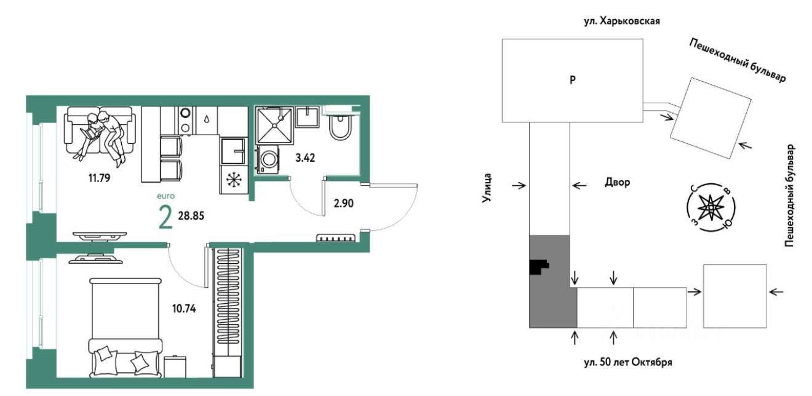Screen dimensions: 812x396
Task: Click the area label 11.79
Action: click(x=99, y=178)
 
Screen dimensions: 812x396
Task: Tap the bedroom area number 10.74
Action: click(x=184, y=309)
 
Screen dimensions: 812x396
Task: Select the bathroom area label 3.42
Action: click(x=305, y=158)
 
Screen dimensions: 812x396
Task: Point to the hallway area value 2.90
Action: click(x=343, y=204)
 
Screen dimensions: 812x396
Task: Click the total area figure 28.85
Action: click(x=191, y=216)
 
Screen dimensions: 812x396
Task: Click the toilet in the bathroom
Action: click(x=340, y=127)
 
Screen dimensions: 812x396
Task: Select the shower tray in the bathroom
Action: click(x=274, y=125)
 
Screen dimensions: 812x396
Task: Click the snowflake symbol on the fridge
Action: click(x=234, y=180)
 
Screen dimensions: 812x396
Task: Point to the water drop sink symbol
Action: click(x=207, y=119)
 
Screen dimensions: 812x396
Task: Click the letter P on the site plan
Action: click(x=572, y=80)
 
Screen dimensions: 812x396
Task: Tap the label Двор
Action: click(x=618, y=182)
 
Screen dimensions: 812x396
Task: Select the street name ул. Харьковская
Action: click(x=622, y=21)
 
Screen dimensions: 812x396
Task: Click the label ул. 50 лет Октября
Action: click(x=628, y=362)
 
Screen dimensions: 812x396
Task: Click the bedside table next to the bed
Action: click(x=175, y=366)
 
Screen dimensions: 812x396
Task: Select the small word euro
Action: click(x=165, y=196)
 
